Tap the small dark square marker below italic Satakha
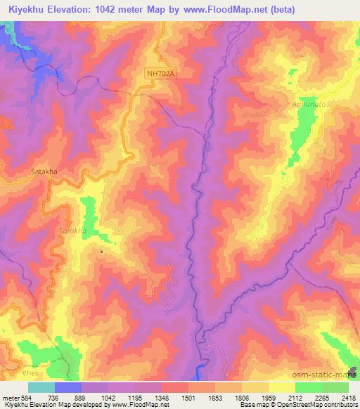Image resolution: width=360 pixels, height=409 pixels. point(101,251)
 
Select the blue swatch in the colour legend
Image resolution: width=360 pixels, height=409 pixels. point(67,387)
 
